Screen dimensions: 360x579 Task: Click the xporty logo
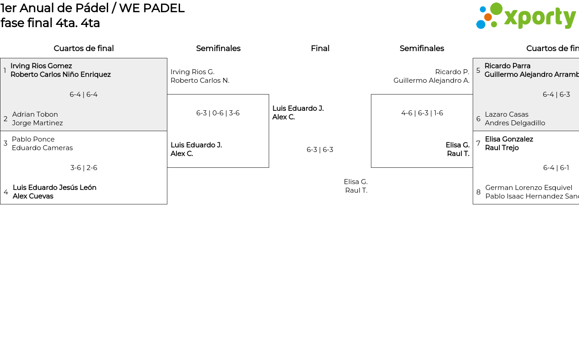pyautogui.click(x=526, y=16)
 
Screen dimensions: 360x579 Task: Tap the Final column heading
pyautogui.click(x=320, y=48)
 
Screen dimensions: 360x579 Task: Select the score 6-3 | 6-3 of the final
pyautogui.click(x=320, y=150)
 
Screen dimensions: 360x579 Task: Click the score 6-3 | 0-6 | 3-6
pyautogui.click(x=218, y=113)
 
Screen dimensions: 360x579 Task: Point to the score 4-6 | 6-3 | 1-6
pyautogui.click(x=422, y=113)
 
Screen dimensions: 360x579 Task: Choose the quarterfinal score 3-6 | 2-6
pyautogui.click(x=84, y=168)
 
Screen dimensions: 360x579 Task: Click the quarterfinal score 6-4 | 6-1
pyautogui.click(x=556, y=168)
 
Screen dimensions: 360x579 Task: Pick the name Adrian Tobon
pyautogui.click(x=35, y=114)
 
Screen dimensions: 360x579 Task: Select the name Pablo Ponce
pyautogui.click(x=33, y=139)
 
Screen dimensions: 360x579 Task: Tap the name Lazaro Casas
pyautogui.click(x=507, y=114)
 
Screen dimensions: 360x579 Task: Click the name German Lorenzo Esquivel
pyautogui.click(x=528, y=188)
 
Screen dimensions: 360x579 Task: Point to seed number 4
pyautogui.click(x=6, y=192)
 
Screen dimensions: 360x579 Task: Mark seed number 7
pyautogui.click(x=478, y=143)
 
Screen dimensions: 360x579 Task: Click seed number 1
pyautogui.click(x=5, y=70)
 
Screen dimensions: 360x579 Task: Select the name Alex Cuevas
pyautogui.click(x=33, y=196)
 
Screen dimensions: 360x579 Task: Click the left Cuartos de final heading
pyautogui.click(x=84, y=48)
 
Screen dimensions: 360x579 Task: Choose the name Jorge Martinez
pyautogui.click(x=38, y=123)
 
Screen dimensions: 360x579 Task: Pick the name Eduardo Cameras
pyautogui.click(x=42, y=148)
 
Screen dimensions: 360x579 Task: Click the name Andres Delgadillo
pyautogui.click(x=515, y=123)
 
